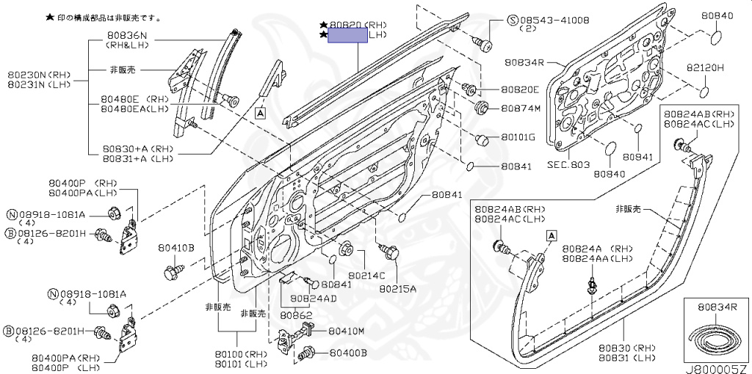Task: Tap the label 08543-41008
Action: pos(553,20)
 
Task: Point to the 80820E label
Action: pos(520,90)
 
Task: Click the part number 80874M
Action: pos(521,109)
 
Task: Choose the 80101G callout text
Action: pos(518,138)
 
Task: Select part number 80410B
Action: pos(176,249)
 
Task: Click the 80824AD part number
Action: pos(313,298)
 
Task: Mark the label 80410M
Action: pos(346,331)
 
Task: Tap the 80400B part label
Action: pos(347,353)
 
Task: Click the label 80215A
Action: pos(397,289)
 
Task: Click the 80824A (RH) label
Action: pos(598,249)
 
